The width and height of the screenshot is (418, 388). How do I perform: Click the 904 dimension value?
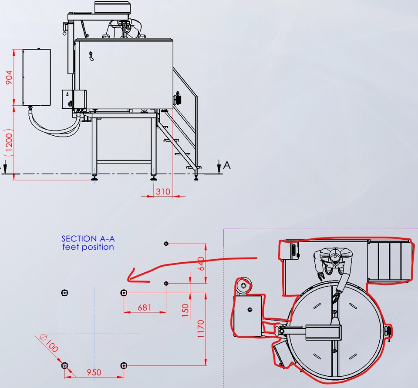tap(9, 77)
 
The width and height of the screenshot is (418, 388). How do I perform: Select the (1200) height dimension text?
tap(9, 143)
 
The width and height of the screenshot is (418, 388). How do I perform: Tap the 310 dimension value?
tap(163, 191)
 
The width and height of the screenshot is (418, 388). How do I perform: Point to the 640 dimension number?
tap(201, 264)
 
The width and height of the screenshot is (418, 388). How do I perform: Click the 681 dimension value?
tap(145, 308)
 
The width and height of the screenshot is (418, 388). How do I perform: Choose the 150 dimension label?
tap(185, 310)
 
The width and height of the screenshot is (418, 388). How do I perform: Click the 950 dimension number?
tap(94, 372)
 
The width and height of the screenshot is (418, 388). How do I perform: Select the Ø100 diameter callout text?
tap(49, 343)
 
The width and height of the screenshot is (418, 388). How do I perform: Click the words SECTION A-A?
tap(88, 239)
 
